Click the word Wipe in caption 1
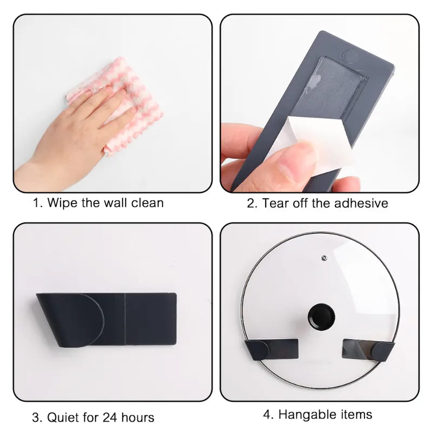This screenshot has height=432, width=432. [62, 203]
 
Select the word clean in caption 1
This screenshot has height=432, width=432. [147, 203]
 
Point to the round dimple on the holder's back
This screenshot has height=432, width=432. [350, 56]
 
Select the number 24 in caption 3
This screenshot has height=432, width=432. [110, 417]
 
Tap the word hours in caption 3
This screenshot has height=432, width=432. [138, 417]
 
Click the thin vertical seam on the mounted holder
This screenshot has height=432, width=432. [125, 319]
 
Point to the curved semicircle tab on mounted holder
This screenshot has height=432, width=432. [91, 320]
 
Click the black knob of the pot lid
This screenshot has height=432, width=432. [321, 316]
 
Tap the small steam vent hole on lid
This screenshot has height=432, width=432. [325, 258]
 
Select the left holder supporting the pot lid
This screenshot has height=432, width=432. [272, 349]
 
